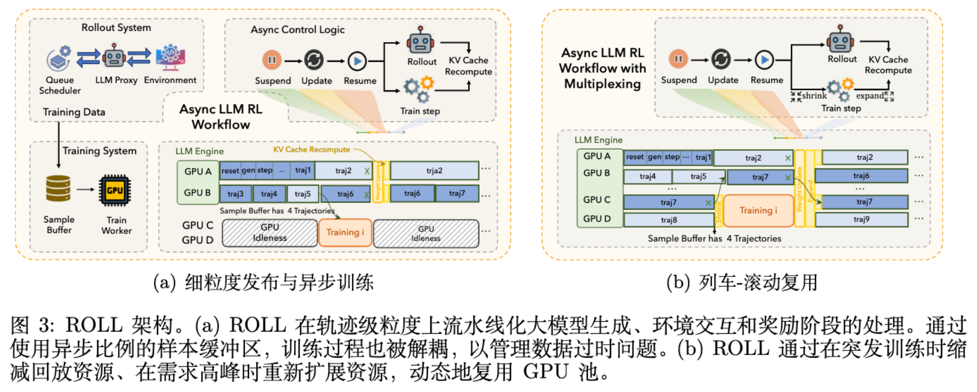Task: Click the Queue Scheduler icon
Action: [x=59, y=58]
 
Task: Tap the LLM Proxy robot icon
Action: [x=114, y=56]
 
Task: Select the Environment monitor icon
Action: [x=170, y=57]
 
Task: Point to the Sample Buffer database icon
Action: [x=58, y=188]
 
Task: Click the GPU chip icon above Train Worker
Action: [x=115, y=190]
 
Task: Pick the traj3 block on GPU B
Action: [x=235, y=194]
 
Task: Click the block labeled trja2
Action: [x=434, y=171]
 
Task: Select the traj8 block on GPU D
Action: [x=669, y=220]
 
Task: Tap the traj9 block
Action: [x=861, y=219]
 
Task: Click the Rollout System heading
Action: [x=116, y=28]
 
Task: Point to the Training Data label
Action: [x=74, y=112]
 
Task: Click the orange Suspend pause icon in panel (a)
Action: [x=272, y=60]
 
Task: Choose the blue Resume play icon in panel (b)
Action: [x=764, y=60]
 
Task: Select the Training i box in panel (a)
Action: [x=345, y=232]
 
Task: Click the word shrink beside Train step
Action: [x=814, y=96]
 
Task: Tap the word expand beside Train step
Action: [x=870, y=96]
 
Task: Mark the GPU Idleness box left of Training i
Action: [x=270, y=233]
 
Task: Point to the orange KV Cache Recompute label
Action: [x=311, y=150]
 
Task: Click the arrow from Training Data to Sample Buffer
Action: [x=59, y=146]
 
